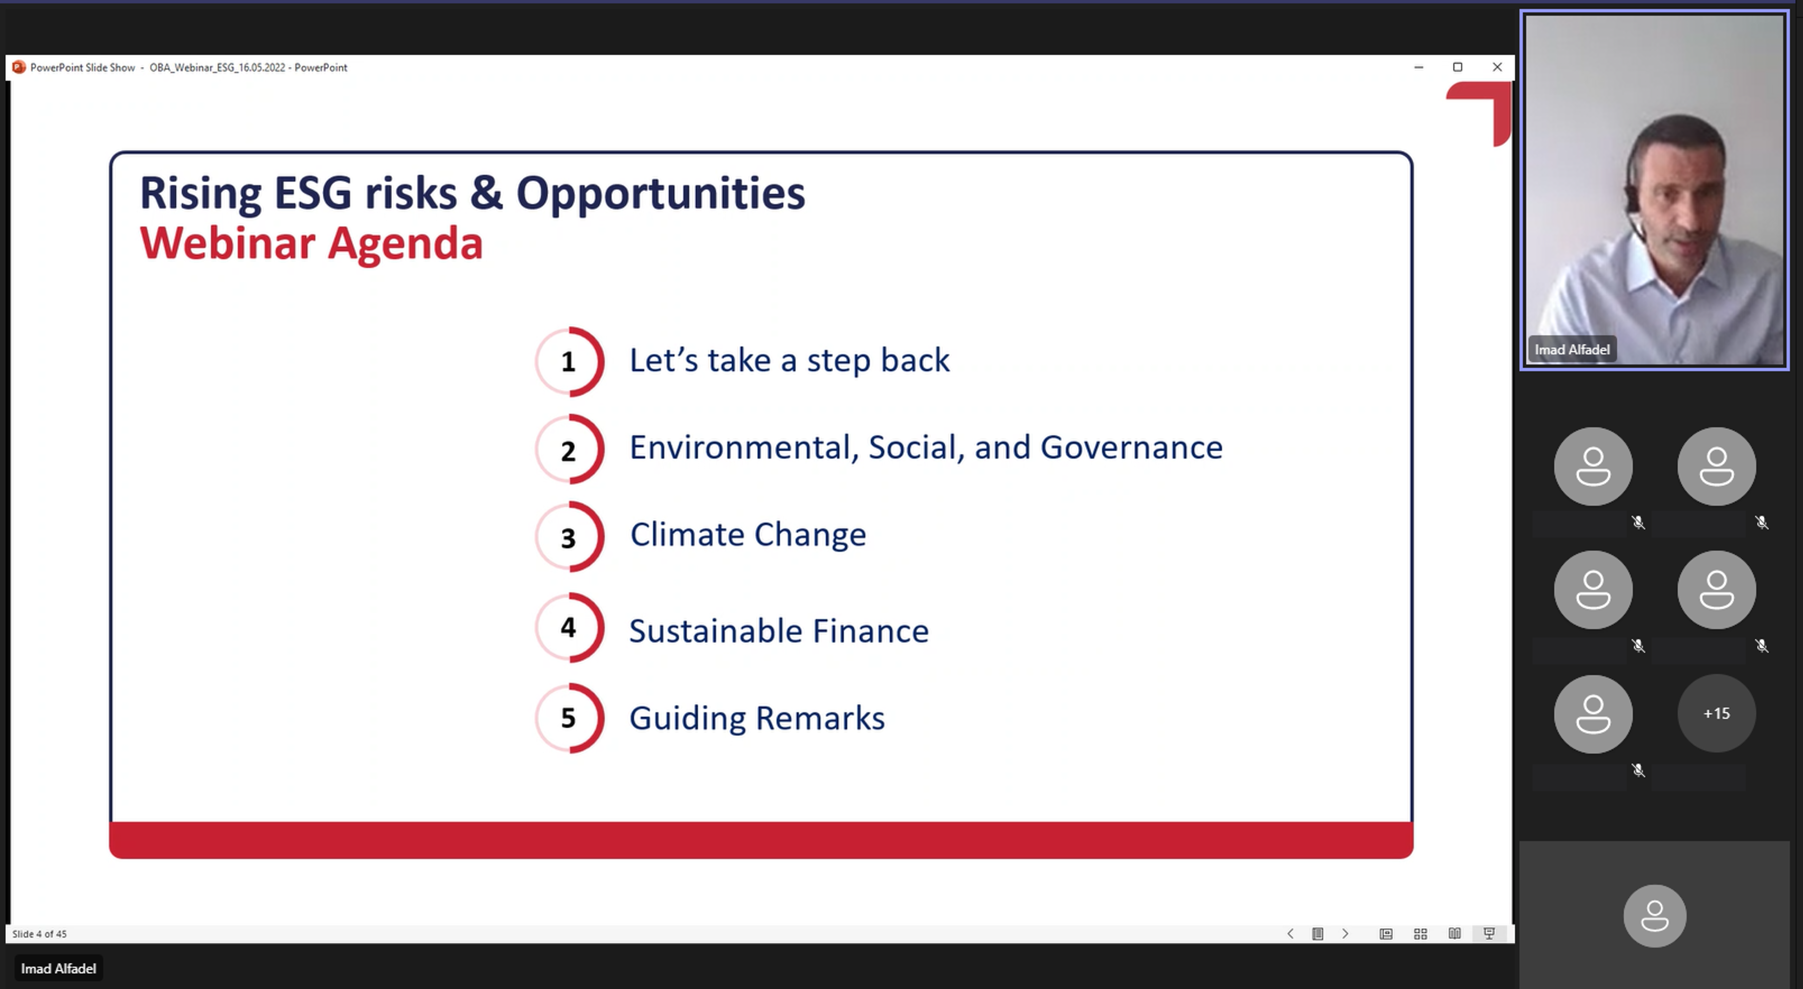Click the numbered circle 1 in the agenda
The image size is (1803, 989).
pos(569,362)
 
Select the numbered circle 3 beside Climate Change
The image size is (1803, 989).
pos(569,537)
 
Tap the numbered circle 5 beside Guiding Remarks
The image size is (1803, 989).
pos(569,718)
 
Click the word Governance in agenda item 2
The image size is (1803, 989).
pos(1131,447)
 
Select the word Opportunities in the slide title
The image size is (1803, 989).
pos(661,194)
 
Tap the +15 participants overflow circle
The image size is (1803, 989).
pos(1716,713)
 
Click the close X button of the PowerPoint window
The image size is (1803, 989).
pos(1497,67)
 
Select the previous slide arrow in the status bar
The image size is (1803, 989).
pos(1291,934)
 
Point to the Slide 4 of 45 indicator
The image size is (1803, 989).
pos(39,934)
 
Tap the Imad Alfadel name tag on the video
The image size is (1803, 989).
pos(1572,350)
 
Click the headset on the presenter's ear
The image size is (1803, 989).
pos(1632,199)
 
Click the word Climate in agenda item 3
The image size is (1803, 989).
pos(687,535)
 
